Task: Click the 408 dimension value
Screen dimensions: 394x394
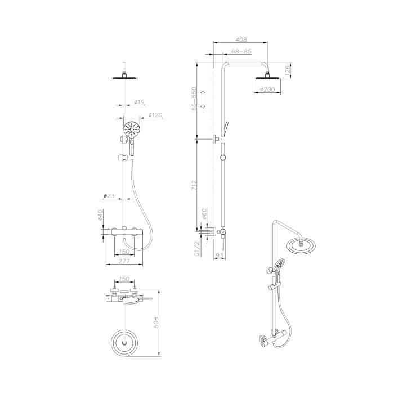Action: tap(240, 40)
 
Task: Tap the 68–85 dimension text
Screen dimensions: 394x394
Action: tap(241, 52)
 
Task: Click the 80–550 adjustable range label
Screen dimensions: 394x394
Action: tap(194, 98)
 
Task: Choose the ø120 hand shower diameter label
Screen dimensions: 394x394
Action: tap(155, 115)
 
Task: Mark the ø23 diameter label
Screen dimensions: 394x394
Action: tap(110, 195)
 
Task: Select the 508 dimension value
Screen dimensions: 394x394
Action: tap(157, 322)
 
